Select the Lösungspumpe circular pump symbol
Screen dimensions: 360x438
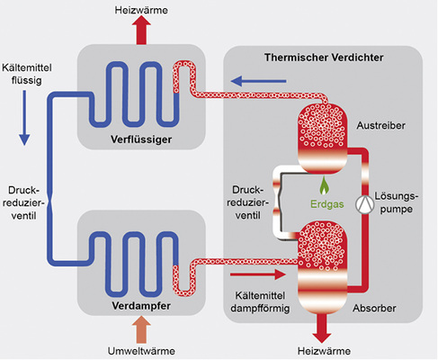tap(366, 204)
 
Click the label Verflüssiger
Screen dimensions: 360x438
tap(141, 141)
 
